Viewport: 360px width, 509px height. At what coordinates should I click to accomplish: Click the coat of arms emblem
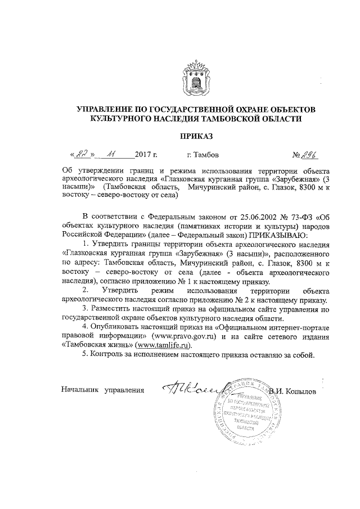point(195,80)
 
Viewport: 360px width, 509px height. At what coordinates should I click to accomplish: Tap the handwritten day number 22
point(83,153)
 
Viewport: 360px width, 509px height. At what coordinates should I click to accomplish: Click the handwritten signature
point(194,388)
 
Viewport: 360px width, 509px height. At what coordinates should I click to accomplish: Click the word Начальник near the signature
point(79,389)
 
